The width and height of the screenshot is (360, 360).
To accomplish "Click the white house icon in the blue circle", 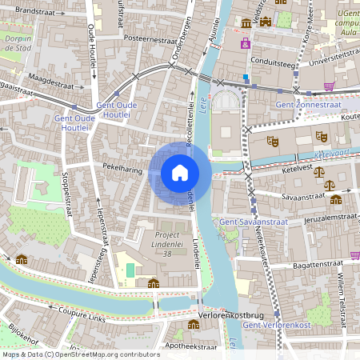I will tap(180, 172).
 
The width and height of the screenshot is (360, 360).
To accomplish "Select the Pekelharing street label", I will tap(122, 168).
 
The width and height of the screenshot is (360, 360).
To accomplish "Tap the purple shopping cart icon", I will tap(329, 86).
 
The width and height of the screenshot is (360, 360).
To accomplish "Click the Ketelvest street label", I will tap(296, 169).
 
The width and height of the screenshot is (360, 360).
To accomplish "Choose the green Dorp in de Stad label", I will tap(16, 42).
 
